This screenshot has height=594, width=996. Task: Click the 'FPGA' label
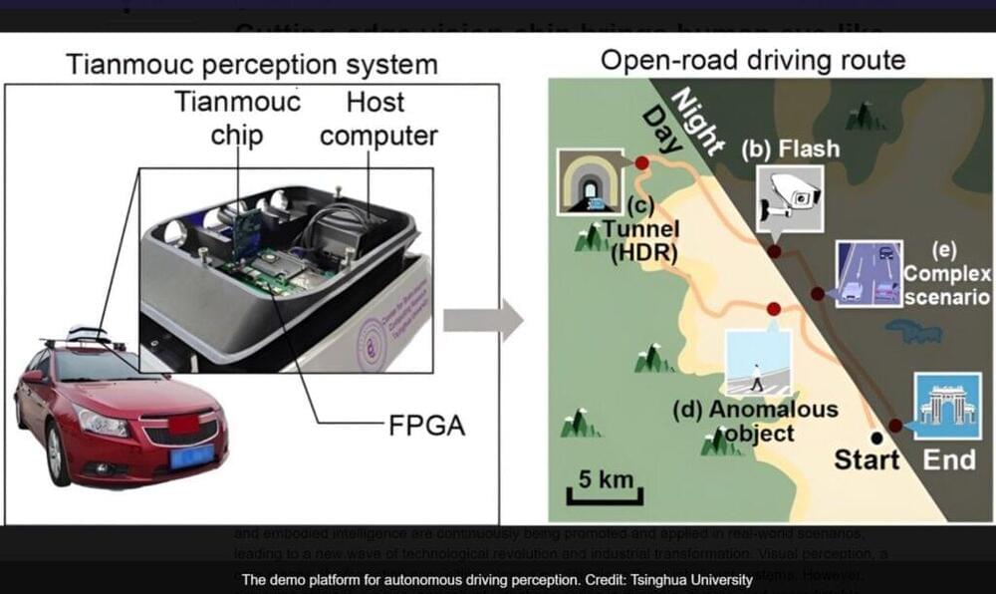[425, 428]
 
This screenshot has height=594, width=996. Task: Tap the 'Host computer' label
[378, 119]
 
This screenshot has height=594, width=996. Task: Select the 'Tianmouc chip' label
[237, 119]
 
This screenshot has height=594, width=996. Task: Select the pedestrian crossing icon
[759, 362]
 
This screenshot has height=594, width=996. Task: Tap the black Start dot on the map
[876, 437]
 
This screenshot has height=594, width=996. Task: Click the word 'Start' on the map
[867, 460]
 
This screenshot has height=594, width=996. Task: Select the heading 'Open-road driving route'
[752, 61]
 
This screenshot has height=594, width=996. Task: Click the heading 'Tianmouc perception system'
[251, 66]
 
